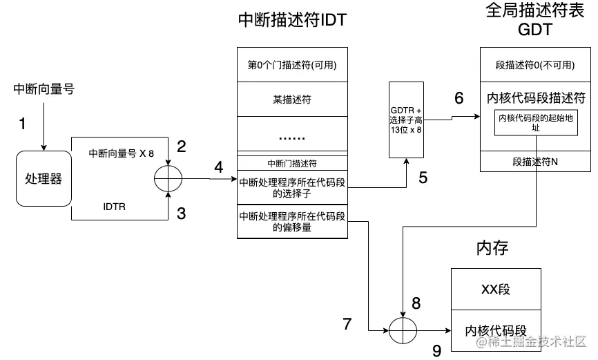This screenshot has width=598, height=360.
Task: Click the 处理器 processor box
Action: [44, 179]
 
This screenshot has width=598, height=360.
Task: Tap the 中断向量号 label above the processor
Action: [44, 89]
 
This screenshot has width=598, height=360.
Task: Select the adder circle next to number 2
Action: [168, 179]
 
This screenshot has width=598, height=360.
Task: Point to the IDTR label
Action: [115, 207]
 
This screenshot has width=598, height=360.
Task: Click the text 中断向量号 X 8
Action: [122, 153]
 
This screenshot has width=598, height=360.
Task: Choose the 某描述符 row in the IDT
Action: [291, 100]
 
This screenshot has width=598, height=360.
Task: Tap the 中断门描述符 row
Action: [291, 164]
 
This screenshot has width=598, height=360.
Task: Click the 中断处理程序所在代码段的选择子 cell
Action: [291, 187]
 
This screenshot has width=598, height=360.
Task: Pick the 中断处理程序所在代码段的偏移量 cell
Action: [291, 221]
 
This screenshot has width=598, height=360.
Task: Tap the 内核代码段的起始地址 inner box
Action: [535, 122]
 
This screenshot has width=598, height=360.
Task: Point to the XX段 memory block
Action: [494, 289]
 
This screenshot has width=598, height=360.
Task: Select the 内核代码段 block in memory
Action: [494, 330]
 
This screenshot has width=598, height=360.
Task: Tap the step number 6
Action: [459, 98]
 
